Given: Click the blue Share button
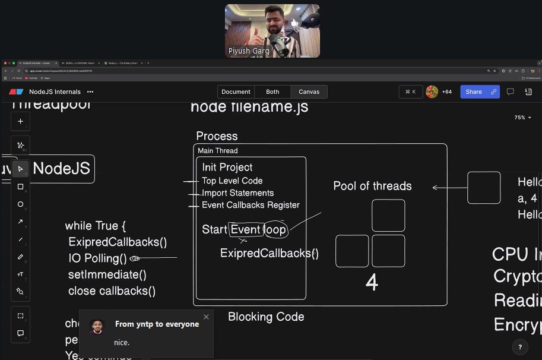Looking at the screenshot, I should tap(474, 91).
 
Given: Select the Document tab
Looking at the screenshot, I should tap(236, 91).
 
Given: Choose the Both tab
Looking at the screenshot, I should tap(272, 91).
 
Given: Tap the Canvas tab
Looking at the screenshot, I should tap(309, 91).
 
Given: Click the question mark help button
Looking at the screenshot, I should tap(520, 347).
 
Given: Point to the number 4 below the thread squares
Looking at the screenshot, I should tap(372, 283).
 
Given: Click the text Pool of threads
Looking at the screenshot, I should tap(372, 186).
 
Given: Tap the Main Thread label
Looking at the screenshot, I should tap(217, 151).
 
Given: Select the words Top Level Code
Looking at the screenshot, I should tap(232, 181).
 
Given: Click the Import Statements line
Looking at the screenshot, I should tap(237, 193).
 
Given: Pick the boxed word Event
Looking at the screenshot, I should tap(245, 229).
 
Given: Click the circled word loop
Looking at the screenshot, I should tap(275, 229).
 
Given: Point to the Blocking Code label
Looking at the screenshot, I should tap(266, 317).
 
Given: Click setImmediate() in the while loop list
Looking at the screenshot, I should tap(107, 274).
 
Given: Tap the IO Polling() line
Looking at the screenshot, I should tap(97, 258).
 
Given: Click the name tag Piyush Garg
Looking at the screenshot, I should tap(249, 51).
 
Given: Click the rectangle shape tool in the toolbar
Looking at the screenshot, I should tap(20, 187).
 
